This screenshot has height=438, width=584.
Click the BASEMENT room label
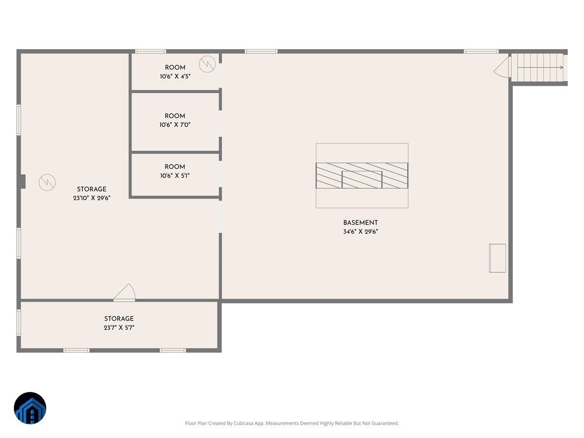[360, 223]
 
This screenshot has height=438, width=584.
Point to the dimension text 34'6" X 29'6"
[360, 232]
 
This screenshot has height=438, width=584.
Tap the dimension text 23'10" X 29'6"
[91, 198]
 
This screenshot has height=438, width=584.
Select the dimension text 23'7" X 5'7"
[119, 328]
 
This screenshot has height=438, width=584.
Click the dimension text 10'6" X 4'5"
[175, 76]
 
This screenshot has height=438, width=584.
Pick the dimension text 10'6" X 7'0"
[175, 125]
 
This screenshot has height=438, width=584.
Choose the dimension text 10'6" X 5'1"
[175, 176]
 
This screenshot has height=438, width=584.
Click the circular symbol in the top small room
[207, 63]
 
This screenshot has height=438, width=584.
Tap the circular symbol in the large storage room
[47, 182]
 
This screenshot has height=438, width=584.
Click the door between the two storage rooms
[125, 292]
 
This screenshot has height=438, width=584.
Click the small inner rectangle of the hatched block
[362, 180]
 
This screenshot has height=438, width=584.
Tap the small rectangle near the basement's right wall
[497, 258]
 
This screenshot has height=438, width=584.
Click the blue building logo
[30, 408]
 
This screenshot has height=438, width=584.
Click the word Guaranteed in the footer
[385, 423]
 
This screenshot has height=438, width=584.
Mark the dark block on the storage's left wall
[22, 181]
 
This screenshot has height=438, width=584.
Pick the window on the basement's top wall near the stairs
[481, 51]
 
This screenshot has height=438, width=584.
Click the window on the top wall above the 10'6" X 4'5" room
[150, 51]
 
